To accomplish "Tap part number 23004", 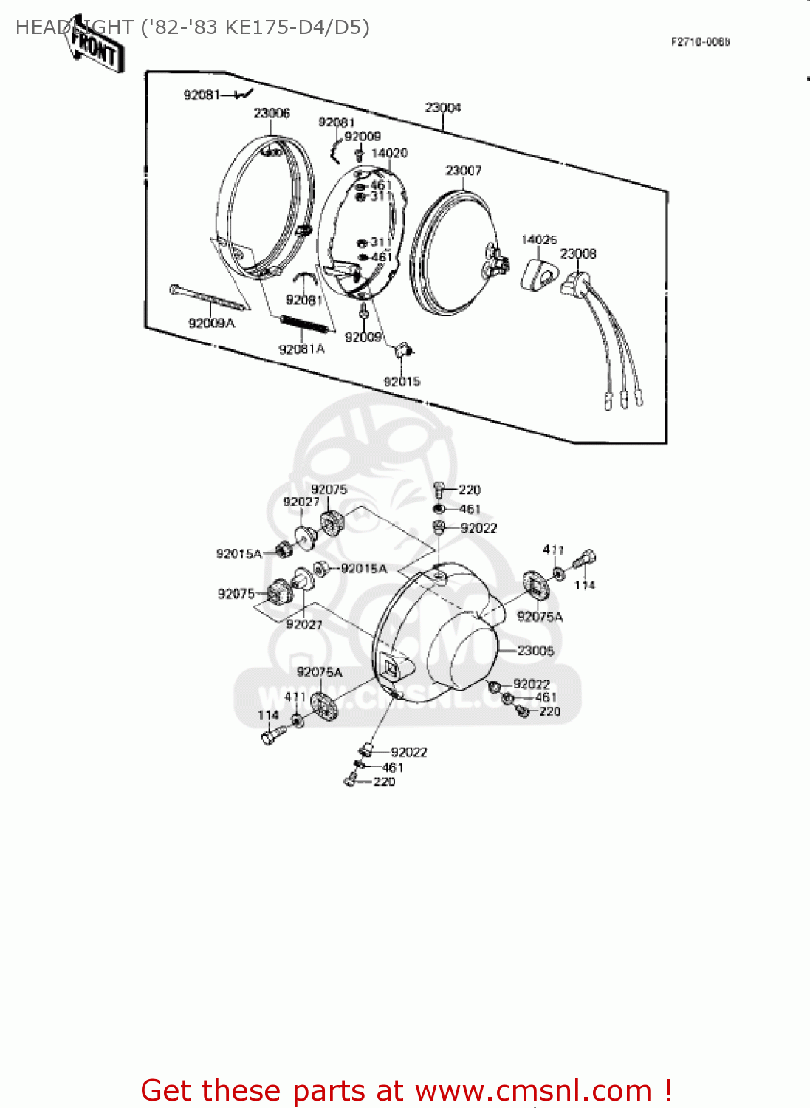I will (443, 108).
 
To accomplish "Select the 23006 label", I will (272, 113).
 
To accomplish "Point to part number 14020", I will (389, 153).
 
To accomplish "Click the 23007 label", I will (464, 171).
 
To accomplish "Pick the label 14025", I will (539, 240).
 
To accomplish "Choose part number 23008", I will (578, 254).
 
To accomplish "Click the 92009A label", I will (211, 324).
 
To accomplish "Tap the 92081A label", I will (301, 349).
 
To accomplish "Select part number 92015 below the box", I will (402, 382).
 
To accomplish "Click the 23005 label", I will (536, 651).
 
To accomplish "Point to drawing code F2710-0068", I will (700, 42).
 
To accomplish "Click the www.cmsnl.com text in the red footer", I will (533, 1091).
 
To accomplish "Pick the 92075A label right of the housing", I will (540, 617).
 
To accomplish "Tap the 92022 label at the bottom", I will (409, 752).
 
